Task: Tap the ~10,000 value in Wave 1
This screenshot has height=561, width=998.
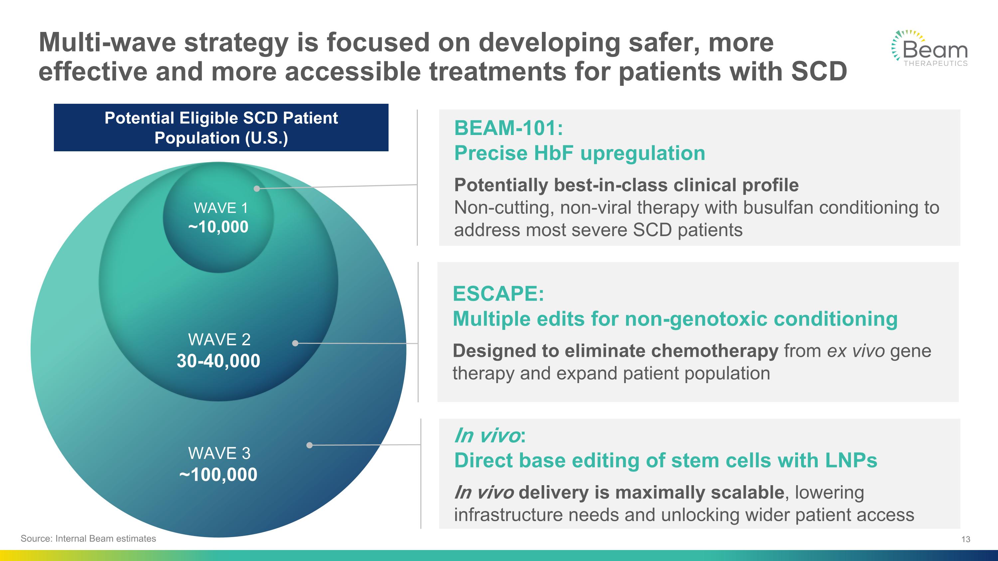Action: tap(218, 227)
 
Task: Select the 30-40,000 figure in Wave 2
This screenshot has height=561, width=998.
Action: tap(219, 361)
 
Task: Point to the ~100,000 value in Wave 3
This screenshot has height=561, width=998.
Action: tap(218, 475)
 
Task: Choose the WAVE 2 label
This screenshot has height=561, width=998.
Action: tap(219, 340)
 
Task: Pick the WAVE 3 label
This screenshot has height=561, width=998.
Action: tap(219, 453)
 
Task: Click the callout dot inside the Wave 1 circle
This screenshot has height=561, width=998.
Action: tap(257, 189)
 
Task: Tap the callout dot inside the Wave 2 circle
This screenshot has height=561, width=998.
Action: tap(295, 343)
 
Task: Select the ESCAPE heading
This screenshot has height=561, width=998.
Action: tap(498, 294)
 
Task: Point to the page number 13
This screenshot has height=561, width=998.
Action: tap(966, 539)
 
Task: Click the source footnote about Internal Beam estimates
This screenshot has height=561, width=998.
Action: tap(88, 538)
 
